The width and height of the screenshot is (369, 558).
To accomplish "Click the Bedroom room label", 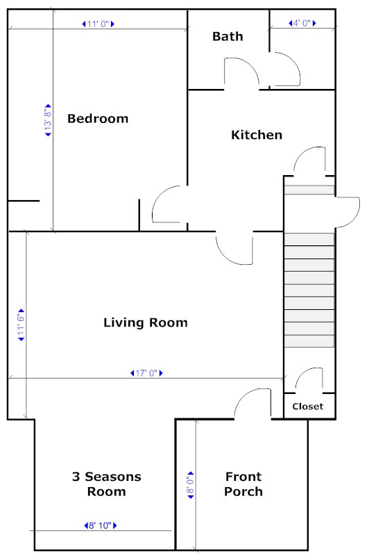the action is click(98, 119).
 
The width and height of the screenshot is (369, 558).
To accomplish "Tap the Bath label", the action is click(228, 36).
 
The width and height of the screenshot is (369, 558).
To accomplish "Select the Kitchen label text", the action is click(257, 135).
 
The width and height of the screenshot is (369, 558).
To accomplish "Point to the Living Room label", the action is click(146, 322).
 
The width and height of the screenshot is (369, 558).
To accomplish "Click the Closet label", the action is click(308, 407).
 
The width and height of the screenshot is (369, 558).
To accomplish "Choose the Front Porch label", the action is click(243, 484).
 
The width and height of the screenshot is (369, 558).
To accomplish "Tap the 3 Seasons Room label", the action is click(107, 484).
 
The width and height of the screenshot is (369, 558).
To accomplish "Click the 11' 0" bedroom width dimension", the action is click(98, 24).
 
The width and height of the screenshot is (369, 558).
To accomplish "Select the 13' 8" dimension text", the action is click(48, 120).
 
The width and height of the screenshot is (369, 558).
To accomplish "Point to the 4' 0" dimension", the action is click(302, 24).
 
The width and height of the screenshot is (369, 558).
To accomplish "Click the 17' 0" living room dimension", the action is click(146, 373).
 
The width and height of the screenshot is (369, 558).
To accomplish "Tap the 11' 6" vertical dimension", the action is click(22, 325).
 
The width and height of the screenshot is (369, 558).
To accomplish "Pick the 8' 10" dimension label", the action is click(101, 525).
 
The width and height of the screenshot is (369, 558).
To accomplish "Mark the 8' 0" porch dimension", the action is click(191, 485).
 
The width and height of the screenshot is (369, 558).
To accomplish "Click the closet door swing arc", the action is click(302, 374).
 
